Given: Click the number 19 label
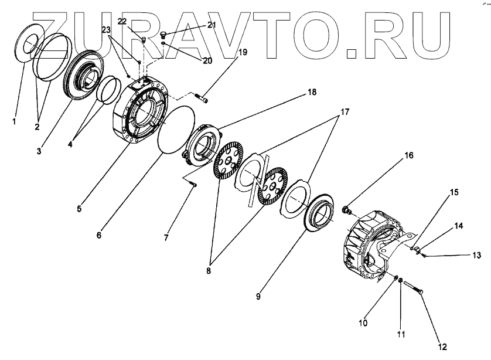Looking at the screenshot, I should click(242, 52).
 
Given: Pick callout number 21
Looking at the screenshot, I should click(211, 25).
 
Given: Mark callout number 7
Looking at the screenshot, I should click(166, 237).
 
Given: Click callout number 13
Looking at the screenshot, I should click(476, 255).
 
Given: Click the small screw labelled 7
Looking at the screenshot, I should click(193, 185).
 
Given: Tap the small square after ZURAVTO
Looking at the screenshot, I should click(352, 52).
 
